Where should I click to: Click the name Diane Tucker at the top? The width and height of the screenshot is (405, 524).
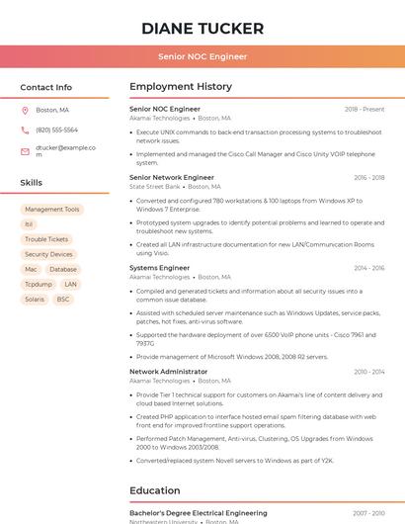click(202, 28)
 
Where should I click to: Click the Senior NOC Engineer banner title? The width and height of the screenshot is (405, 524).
click(202, 56)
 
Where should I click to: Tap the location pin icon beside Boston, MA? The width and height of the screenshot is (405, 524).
click(25, 110)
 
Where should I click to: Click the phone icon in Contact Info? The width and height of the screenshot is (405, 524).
click(25, 130)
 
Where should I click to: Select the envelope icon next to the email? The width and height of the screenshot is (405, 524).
click(25, 151)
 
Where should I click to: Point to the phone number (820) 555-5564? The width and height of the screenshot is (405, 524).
click(56, 130)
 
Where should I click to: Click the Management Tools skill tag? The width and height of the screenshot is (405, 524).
click(52, 210)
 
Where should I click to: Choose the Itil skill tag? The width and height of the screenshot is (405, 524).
click(30, 224)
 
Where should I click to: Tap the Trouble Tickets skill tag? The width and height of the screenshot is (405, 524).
click(46, 239)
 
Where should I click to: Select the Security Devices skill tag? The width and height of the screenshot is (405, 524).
click(48, 254)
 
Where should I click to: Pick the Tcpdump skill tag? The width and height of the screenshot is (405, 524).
click(38, 284)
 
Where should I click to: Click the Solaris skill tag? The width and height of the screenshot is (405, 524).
click(35, 299)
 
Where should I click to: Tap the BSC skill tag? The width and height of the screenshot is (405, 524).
click(63, 299)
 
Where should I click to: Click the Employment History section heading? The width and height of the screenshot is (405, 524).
click(181, 87)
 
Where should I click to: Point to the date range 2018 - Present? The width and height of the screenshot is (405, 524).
click(364, 109)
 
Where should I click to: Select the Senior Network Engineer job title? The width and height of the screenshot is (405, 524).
click(172, 177)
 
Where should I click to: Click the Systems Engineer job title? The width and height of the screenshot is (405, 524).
click(159, 268)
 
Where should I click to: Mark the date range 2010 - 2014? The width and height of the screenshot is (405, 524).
click(368, 372)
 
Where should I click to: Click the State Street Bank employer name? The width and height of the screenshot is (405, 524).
click(155, 186)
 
